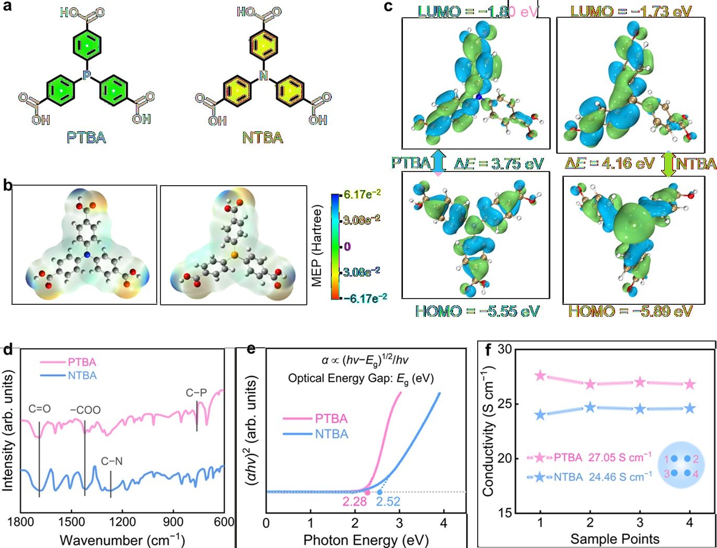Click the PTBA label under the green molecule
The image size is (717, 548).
coord(86,138)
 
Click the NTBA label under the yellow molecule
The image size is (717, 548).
coord(262,138)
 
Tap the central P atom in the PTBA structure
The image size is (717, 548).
coord(87,77)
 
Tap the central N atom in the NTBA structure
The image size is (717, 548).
coord(263,77)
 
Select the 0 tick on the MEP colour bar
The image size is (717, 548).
coord(348,246)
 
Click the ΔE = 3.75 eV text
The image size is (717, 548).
coord(499,164)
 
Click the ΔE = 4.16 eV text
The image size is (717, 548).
coord(609,164)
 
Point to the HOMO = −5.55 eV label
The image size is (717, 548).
coord(477,312)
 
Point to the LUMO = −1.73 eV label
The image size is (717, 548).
coord(631,11)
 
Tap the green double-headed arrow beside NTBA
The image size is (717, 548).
coord(668,164)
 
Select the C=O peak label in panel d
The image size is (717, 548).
coord(39,409)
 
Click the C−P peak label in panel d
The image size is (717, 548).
coord(196,392)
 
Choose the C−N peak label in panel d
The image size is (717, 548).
coord(112,461)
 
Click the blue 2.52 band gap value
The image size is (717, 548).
coord(388,502)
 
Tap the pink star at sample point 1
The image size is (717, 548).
coord(540,375)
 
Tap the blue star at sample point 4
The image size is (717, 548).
coord(690,408)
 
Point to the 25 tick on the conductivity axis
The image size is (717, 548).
coord(504,404)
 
